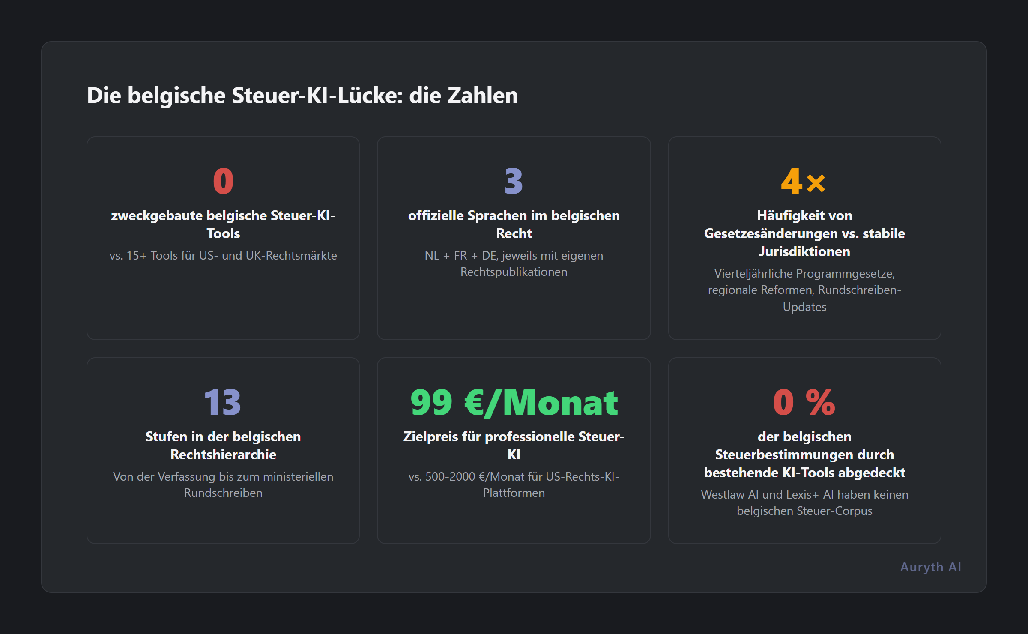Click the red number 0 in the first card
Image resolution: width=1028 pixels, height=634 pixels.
tap(223, 182)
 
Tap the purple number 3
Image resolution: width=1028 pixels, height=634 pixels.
tap(514, 182)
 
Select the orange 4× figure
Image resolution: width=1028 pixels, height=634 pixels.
tap(804, 182)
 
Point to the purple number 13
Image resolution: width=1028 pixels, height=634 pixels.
tap(223, 403)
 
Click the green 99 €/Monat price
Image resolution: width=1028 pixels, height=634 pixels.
tap(514, 403)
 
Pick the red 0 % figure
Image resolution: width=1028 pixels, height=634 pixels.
tap(804, 403)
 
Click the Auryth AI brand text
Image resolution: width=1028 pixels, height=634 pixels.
tap(930, 567)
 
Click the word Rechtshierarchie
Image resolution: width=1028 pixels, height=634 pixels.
tap(223, 455)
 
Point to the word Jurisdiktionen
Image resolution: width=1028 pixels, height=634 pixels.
tap(804, 251)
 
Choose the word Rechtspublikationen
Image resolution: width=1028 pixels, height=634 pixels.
tap(514, 272)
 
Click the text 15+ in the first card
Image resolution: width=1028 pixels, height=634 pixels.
tap(136, 256)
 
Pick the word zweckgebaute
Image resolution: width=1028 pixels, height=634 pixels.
tap(157, 215)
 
